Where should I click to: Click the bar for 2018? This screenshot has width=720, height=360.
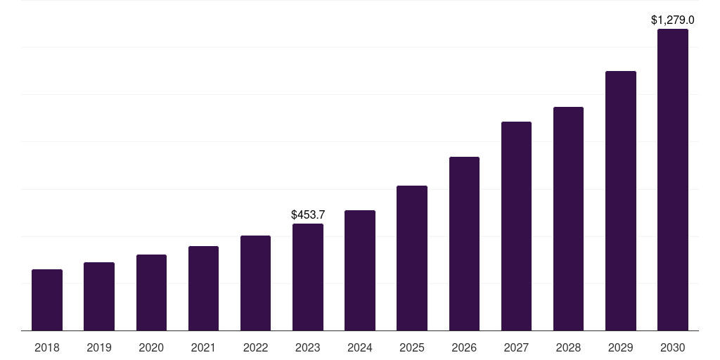click(47, 300)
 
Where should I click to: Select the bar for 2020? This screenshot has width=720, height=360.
click(151, 292)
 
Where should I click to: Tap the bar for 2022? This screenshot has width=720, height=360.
click(255, 283)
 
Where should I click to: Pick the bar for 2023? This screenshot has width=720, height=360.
click(308, 277)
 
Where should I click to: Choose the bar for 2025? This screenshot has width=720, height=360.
click(412, 258)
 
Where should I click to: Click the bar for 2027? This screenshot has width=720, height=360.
click(516, 226)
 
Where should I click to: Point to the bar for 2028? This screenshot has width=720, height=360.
click(568, 219)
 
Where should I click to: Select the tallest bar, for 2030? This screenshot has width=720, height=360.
click(673, 179)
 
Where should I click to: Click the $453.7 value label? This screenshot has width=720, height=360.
click(308, 214)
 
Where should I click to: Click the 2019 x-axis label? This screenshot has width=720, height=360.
click(99, 347)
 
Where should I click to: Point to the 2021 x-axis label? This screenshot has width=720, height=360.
click(203, 347)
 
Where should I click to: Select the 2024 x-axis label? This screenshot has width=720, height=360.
click(360, 347)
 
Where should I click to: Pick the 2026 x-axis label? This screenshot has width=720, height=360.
click(464, 347)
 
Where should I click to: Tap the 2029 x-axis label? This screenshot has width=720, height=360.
click(621, 347)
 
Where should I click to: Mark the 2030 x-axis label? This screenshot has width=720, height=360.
click(673, 347)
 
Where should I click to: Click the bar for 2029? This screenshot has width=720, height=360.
click(621, 200)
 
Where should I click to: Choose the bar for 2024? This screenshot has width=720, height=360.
click(360, 270)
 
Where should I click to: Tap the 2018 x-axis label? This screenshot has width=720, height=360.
click(47, 347)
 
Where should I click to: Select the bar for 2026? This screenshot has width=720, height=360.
click(464, 243)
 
